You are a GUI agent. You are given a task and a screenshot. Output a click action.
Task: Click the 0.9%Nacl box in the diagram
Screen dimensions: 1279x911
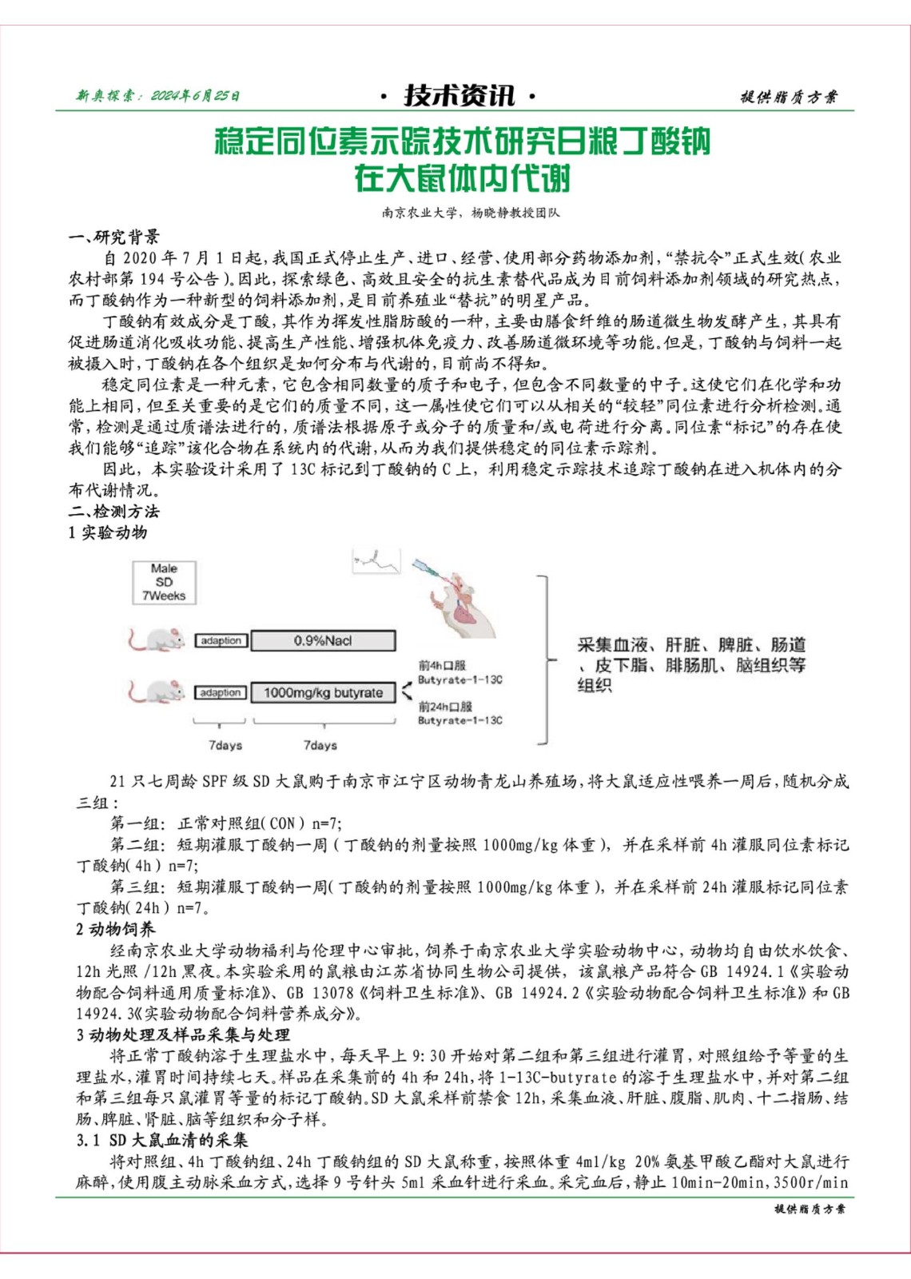[x=323, y=640]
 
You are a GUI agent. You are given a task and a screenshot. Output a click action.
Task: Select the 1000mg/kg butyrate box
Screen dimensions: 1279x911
[x=323, y=692]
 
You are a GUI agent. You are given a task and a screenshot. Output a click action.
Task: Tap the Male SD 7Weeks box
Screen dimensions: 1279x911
[x=164, y=582]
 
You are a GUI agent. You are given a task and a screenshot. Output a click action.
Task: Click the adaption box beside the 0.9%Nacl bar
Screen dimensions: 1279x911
[x=221, y=640]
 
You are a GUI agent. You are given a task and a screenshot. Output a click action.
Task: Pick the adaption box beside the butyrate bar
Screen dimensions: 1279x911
[x=221, y=692]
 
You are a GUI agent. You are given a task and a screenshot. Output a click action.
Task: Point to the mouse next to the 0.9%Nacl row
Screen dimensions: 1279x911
[x=157, y=639]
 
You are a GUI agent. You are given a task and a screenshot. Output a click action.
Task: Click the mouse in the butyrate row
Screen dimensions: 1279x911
[x=157, y=691]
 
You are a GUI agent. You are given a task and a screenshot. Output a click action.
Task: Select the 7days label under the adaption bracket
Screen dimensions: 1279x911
[x=225, y=745]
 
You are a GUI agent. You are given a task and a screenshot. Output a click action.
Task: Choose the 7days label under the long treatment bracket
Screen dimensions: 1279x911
[x=320, y=745]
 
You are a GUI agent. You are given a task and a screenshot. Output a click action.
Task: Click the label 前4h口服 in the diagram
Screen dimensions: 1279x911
[x=442, y=665]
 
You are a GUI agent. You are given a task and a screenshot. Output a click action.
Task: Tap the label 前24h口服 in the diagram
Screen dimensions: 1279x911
[x=445, y=707]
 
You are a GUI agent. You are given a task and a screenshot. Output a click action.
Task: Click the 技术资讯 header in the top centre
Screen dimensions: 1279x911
[x=459, y=96]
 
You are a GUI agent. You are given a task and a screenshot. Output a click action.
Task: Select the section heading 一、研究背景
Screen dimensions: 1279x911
[x=114, y=237]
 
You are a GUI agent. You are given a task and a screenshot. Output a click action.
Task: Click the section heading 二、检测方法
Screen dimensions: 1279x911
[x=114, y=512]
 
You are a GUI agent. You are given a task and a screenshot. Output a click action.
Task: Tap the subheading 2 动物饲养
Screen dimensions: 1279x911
[x=116, y=929]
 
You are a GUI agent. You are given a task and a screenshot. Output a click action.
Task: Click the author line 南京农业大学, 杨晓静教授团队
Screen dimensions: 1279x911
[x=471, y=213]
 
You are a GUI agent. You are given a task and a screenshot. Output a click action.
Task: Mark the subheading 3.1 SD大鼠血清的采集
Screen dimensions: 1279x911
[x=162, y=1140]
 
